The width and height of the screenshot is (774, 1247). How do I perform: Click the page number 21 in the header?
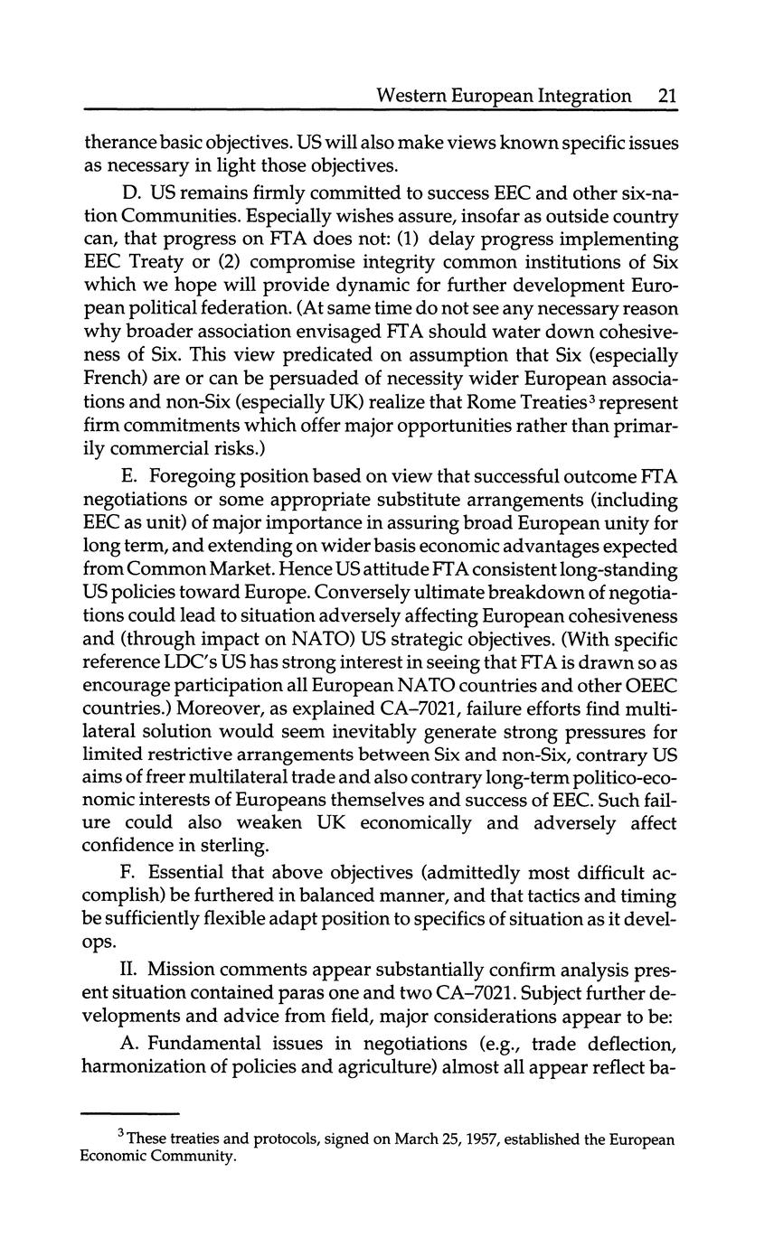668,95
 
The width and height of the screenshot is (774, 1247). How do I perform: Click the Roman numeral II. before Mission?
129,970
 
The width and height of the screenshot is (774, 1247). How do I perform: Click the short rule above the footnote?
130,1113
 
